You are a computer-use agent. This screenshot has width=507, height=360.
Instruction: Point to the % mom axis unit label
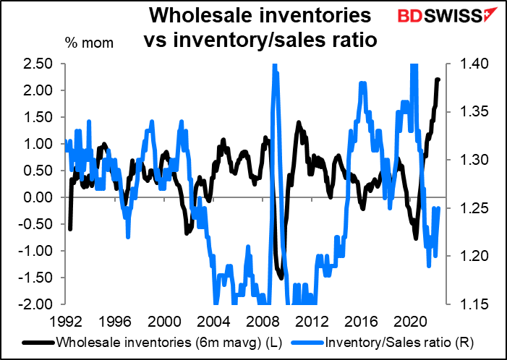pos(89,43)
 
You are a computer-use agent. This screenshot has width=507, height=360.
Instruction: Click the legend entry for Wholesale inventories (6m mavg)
pos(153,343)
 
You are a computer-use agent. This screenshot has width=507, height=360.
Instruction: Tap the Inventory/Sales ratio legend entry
pos(383,343)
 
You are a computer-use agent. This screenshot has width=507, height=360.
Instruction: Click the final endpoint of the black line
pos(438,80)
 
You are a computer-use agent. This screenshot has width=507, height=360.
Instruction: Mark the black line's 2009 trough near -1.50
pos(281,278)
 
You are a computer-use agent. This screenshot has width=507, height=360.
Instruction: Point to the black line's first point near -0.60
pos(70,229)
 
